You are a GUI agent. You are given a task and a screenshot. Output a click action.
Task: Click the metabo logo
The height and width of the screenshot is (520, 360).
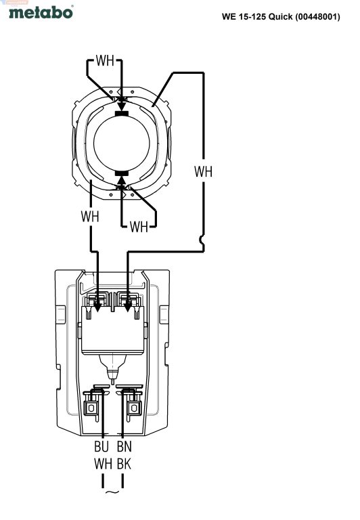pos(41,12)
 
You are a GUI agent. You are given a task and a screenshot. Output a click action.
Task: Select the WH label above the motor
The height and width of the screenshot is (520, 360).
pos(105,61)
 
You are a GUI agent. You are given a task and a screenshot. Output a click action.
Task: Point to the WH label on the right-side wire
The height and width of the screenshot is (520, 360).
pos(203,172)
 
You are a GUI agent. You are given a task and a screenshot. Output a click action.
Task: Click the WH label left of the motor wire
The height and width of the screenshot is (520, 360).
pos(90,216)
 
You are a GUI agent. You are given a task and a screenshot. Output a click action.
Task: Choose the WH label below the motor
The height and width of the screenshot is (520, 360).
pos(139,227)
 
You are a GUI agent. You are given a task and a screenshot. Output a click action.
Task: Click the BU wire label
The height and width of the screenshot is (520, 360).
pos(102,446)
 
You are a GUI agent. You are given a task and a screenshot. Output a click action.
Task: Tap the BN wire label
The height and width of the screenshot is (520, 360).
pos(125,446)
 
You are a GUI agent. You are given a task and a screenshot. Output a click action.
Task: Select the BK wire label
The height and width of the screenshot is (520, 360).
pos(125,464)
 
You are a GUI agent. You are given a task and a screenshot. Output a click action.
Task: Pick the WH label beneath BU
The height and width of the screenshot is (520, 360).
pos(103,464)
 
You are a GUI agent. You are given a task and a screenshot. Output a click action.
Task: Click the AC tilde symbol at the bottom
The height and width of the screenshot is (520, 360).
pos(112,492)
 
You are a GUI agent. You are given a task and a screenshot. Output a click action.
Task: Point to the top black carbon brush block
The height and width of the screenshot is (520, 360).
pos(121,114)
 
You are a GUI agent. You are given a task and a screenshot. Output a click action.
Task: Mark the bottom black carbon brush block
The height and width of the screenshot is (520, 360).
pos(121,173)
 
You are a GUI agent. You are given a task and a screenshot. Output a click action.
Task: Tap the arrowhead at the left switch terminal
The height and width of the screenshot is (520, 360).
pos(97,307)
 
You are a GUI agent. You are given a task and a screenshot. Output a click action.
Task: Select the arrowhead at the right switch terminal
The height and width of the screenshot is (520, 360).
pos(127,307)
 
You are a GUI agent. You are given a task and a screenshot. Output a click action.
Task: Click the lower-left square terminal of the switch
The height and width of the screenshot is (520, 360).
pos(91,408)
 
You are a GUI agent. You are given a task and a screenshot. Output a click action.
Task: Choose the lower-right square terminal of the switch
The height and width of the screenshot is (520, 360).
pos(134,408)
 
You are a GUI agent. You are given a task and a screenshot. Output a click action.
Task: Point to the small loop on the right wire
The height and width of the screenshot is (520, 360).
pos(202,240)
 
